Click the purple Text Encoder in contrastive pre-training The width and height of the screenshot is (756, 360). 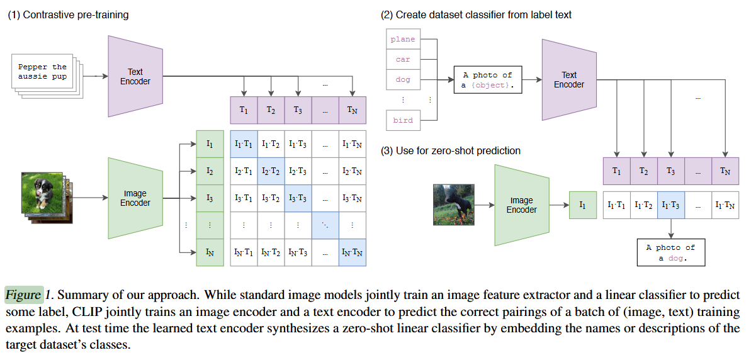135,76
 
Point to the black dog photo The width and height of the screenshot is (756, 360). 453,205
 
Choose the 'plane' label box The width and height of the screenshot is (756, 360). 403,39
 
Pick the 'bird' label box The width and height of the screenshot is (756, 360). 403,120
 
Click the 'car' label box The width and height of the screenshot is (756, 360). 403,59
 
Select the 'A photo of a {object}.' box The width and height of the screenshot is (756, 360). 488,80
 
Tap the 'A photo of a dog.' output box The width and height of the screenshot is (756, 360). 670,253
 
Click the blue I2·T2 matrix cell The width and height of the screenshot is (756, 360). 271,171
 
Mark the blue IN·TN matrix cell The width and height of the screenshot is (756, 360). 351,253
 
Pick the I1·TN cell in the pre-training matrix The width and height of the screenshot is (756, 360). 351,144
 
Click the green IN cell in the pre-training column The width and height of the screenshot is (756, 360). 210,253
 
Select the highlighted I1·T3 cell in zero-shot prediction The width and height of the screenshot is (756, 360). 670,205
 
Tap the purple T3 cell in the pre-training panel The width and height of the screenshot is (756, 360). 298,110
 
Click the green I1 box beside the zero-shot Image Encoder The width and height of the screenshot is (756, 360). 582,205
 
